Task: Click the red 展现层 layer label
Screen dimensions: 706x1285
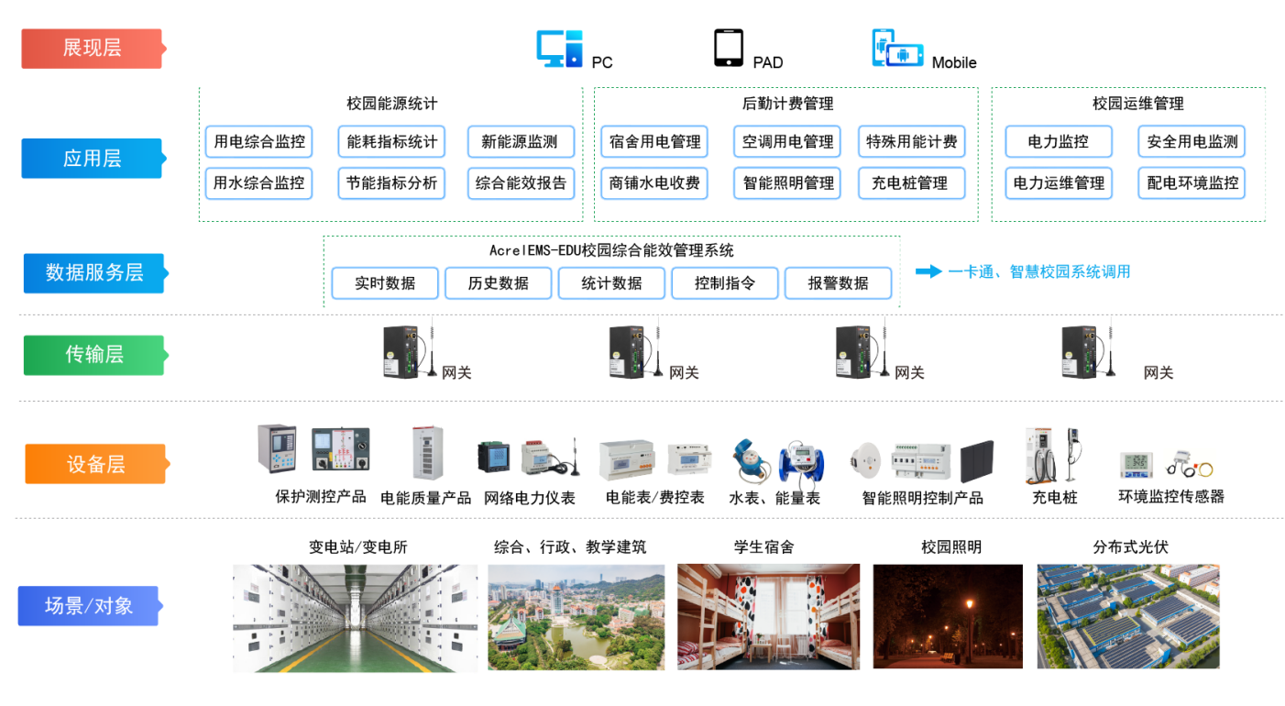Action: click(92, 49)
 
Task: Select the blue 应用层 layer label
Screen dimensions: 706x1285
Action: click(92, 159)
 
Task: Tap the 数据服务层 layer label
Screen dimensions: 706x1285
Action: click(93, 273)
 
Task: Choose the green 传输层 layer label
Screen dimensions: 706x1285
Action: click(93, 355)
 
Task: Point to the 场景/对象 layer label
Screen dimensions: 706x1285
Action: click(88, 606)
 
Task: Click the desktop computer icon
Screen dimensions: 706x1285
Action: click(559, 49)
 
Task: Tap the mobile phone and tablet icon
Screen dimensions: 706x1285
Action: click(896, 49)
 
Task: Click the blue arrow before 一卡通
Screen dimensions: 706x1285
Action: click(928, 271)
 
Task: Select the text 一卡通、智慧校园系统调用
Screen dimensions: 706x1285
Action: click(1039, 271)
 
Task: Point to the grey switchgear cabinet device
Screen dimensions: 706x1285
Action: click(427, 453)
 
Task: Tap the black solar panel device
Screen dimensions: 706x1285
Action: click(981, 461)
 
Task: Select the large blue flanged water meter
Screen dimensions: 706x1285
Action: click(802, 461)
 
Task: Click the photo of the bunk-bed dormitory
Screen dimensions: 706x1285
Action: click(768, 616)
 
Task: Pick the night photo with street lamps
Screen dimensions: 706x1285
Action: click(947, 616)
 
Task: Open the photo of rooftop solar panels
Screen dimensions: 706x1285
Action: click(1128, 616)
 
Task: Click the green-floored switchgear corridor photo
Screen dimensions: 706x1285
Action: click(355, 619)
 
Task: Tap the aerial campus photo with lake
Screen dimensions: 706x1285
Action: click(576, 616)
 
